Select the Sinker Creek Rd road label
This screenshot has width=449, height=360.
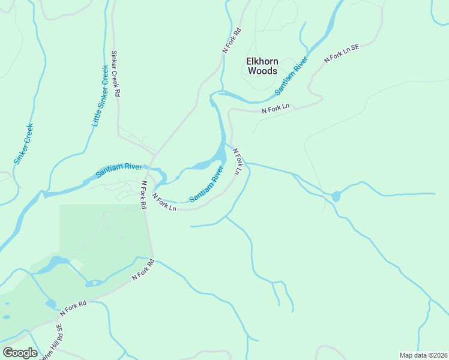click(x=116, y=73)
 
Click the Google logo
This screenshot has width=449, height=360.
click(x=20, y=353)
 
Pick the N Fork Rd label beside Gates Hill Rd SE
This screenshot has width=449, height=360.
click(x=73, y=308)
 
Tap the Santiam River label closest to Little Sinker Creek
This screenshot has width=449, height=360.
click(x=118, y=170)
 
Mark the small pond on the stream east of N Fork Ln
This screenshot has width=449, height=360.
click(x=335, y=196)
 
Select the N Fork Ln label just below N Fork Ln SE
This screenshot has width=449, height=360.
click(x=276, y=109)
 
